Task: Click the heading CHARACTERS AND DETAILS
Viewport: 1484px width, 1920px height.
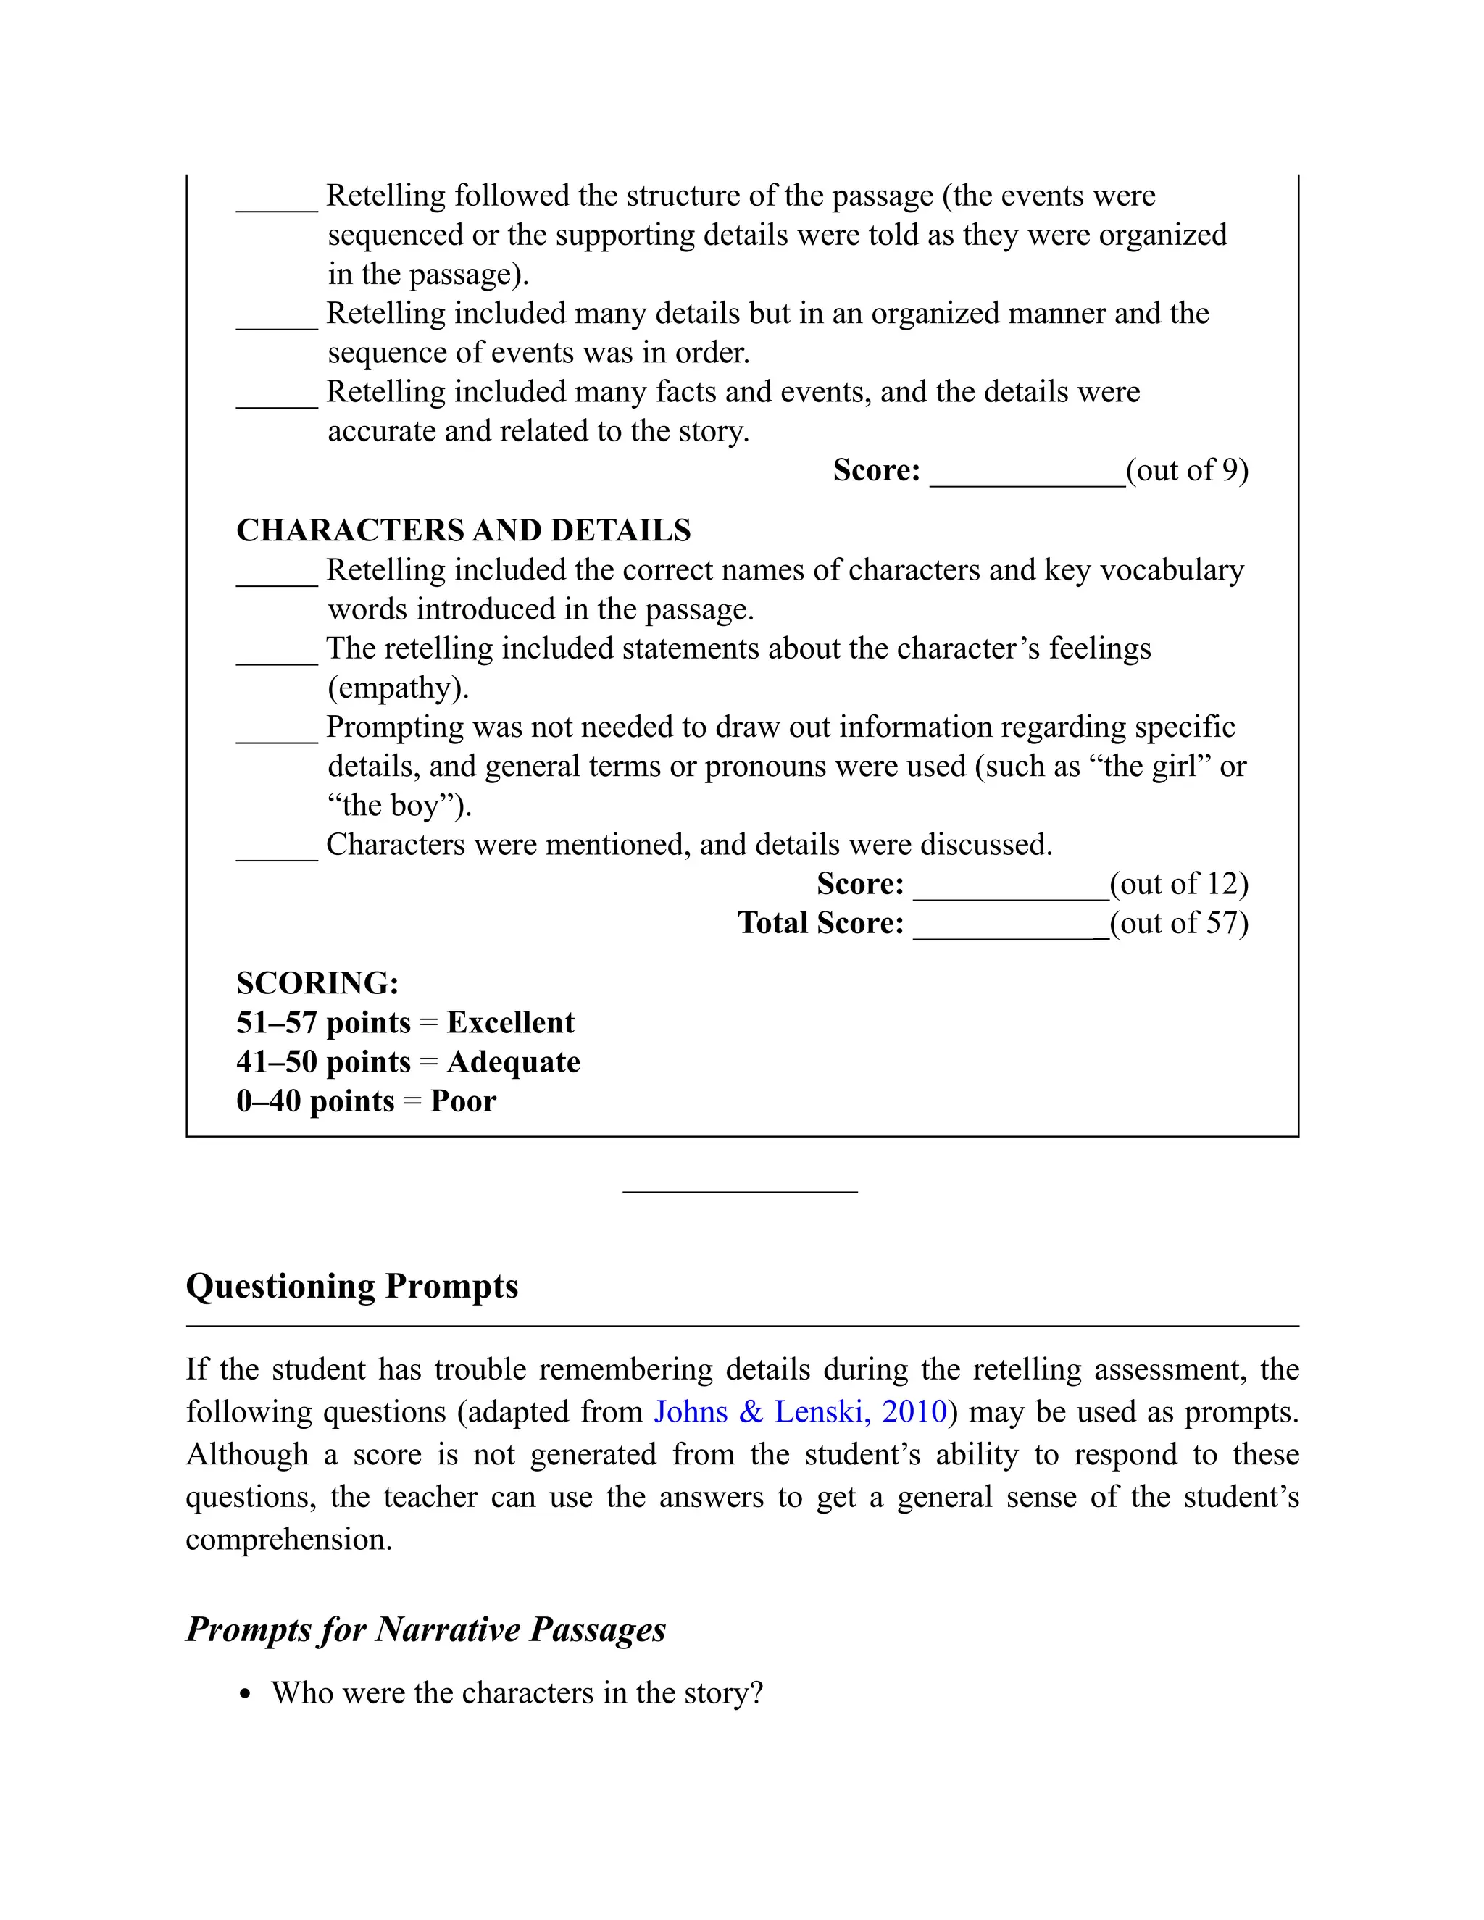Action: tap(463, 530)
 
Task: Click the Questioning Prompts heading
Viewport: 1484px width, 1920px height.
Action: tap(351, 1286)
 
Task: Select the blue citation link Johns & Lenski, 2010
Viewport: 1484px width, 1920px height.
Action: tap(800, 1412)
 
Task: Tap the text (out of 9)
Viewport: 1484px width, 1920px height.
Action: tap(1187, 470)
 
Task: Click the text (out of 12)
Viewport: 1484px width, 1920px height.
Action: tap(1179, 883)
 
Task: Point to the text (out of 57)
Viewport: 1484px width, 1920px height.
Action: tap(1179, 923)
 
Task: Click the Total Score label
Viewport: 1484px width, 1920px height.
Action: tap(820, 923)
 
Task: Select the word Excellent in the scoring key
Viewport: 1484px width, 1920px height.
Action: tap(510, 1022)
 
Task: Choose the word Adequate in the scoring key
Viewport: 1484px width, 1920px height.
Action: tap(514, 1062)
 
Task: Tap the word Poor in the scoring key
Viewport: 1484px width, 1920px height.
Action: tap(463, 1101)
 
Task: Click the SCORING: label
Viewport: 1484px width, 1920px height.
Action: tap(317, 983)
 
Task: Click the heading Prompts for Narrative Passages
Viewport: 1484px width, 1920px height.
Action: tap(425, 1629)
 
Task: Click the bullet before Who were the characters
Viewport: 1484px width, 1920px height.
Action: tap(246, 1695)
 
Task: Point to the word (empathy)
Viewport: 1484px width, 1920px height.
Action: tap(399, 688)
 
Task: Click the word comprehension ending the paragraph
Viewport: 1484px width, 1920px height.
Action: tap(288, 1540)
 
